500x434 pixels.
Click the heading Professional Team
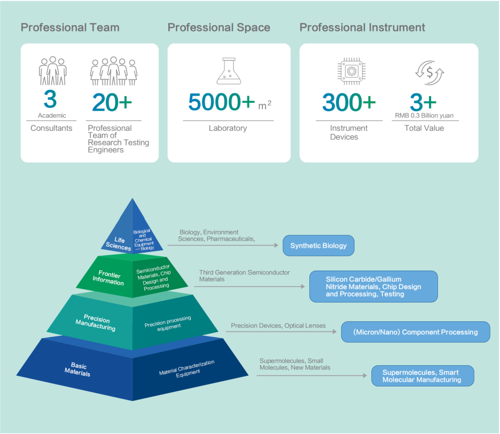70,27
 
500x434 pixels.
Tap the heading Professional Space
219,27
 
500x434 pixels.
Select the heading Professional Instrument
362,27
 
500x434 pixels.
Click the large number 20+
112,102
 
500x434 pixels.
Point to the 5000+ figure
222,101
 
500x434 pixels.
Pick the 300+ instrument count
349,102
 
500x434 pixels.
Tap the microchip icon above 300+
351,71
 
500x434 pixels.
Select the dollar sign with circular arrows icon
429,73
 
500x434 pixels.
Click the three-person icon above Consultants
52,70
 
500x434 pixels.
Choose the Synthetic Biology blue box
318,246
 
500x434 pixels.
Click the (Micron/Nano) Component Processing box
415,332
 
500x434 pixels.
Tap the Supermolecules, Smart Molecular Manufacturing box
422,376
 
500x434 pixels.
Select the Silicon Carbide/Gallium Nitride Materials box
373,287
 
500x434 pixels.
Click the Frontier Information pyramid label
108,278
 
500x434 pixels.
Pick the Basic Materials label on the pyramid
78,369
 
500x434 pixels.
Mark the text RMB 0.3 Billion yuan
424,115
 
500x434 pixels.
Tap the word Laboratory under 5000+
228,128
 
